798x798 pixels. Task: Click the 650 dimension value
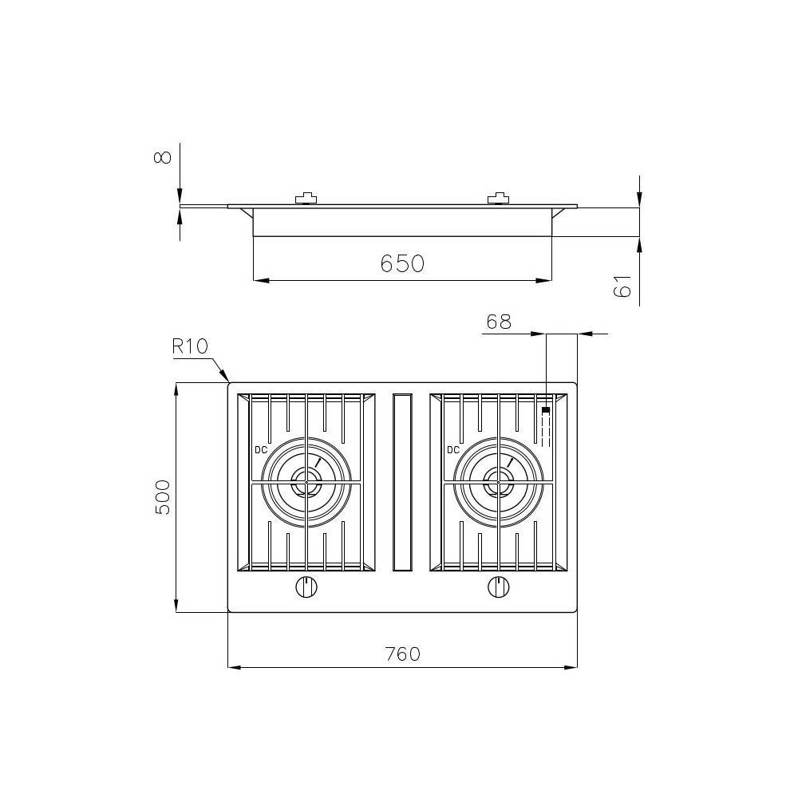[401, 263]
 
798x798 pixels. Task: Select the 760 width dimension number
[402, 654]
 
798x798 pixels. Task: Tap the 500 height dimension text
[163, 497]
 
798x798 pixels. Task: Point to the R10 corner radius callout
[190, 346]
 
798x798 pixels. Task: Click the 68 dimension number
[498, 322]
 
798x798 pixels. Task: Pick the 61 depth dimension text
[623, 286]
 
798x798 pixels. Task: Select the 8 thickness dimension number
[163, 156]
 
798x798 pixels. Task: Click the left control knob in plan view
[306, 587]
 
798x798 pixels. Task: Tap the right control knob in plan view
[498, 587]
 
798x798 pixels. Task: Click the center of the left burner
[306, 482]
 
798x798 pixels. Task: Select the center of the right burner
[498, 482]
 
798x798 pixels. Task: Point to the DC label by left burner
[261, 450]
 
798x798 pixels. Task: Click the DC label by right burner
[452, 450]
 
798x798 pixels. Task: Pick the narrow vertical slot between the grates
[402, 482]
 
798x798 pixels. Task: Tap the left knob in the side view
[306, 199]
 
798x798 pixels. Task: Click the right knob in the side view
[498, 199]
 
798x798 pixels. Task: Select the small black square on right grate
[546, 411]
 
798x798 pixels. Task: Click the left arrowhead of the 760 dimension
[232, 667]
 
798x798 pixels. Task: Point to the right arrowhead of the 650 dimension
[547, 280]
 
